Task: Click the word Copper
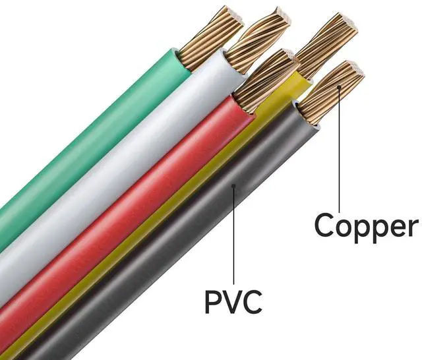(x=366, y=225)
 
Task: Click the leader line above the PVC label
(x=234, y=237)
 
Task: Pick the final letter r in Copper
(x=411, y=227)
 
